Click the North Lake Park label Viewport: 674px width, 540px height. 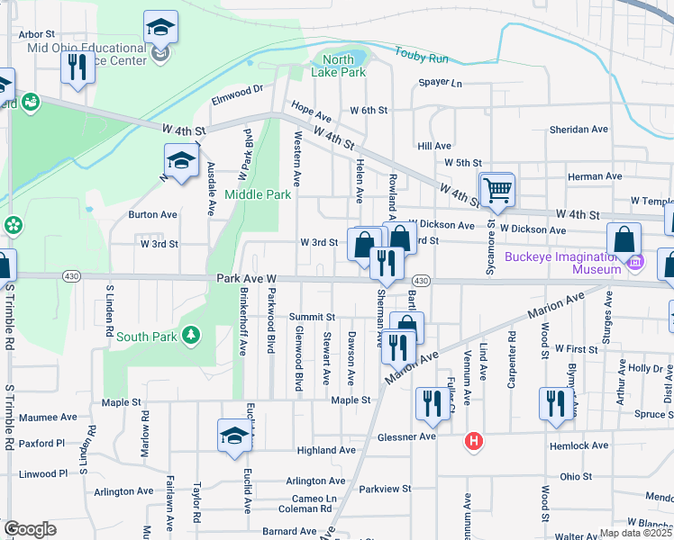tap(344, 66)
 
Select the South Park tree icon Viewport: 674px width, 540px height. tap(190, 337)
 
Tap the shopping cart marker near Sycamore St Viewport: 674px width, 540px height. tap(496, 190)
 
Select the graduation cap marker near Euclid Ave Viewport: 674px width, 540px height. tap(234, 436)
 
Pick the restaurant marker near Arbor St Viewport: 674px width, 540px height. tap(77, 67)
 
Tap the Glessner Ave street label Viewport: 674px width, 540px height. tap(409, 436)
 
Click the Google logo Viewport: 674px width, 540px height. tap(30, 529)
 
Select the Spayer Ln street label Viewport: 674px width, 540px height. tap(440, 84)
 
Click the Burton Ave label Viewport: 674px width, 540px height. tap(152, 215)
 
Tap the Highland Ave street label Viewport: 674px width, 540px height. tap(329, 450)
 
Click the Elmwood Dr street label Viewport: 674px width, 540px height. tap(236, 90)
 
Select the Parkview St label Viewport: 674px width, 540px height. tap(385, 490)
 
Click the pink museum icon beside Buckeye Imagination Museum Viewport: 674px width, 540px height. tap(636, 263)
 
